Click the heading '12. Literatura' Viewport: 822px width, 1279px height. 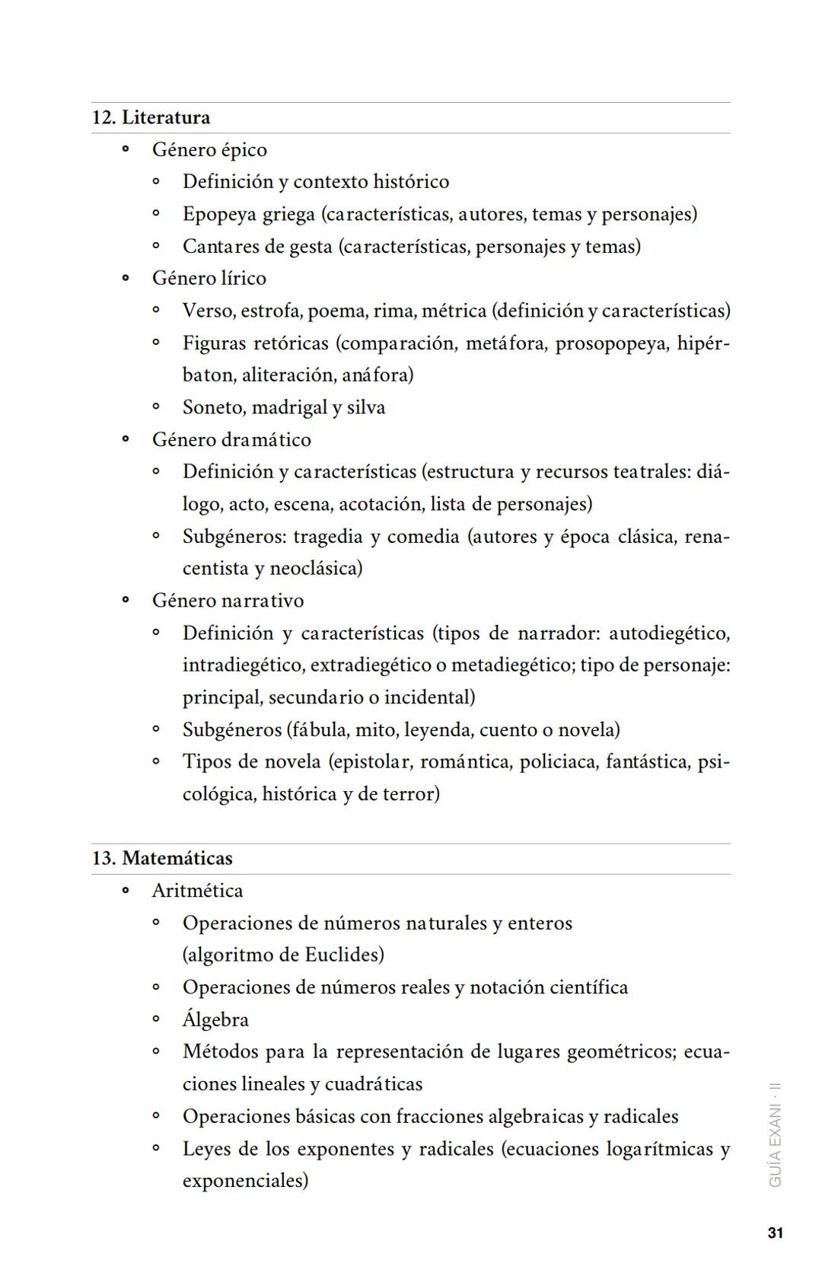(151, 118)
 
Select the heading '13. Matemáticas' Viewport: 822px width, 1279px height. (161, 858)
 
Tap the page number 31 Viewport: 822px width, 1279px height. (775, 1233)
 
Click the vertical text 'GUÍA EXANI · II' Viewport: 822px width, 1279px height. (775, 1134)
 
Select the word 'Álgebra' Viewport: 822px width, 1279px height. (215, 1019)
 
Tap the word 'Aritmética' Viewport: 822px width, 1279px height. (197, 891)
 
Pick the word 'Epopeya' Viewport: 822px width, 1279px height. (218, 214)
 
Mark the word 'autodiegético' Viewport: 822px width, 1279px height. (668, 633)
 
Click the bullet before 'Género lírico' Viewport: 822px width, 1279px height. (126, 279)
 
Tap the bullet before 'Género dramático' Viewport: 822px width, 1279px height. (126, 440)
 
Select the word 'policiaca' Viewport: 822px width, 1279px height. (557, 762)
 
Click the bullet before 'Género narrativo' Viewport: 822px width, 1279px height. (126, 601)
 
